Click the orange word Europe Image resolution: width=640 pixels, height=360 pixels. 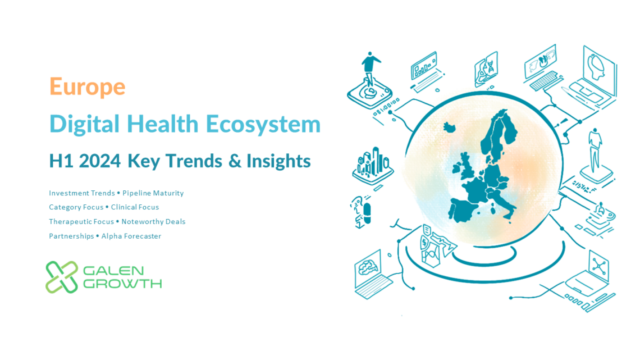click(87, 87)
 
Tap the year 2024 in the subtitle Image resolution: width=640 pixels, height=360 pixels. click(100, 161)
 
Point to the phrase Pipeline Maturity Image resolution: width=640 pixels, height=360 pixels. click(153, 193)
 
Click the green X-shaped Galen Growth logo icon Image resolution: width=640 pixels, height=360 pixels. click(62, 277)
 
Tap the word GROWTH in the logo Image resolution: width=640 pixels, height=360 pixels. click(122, 284)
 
